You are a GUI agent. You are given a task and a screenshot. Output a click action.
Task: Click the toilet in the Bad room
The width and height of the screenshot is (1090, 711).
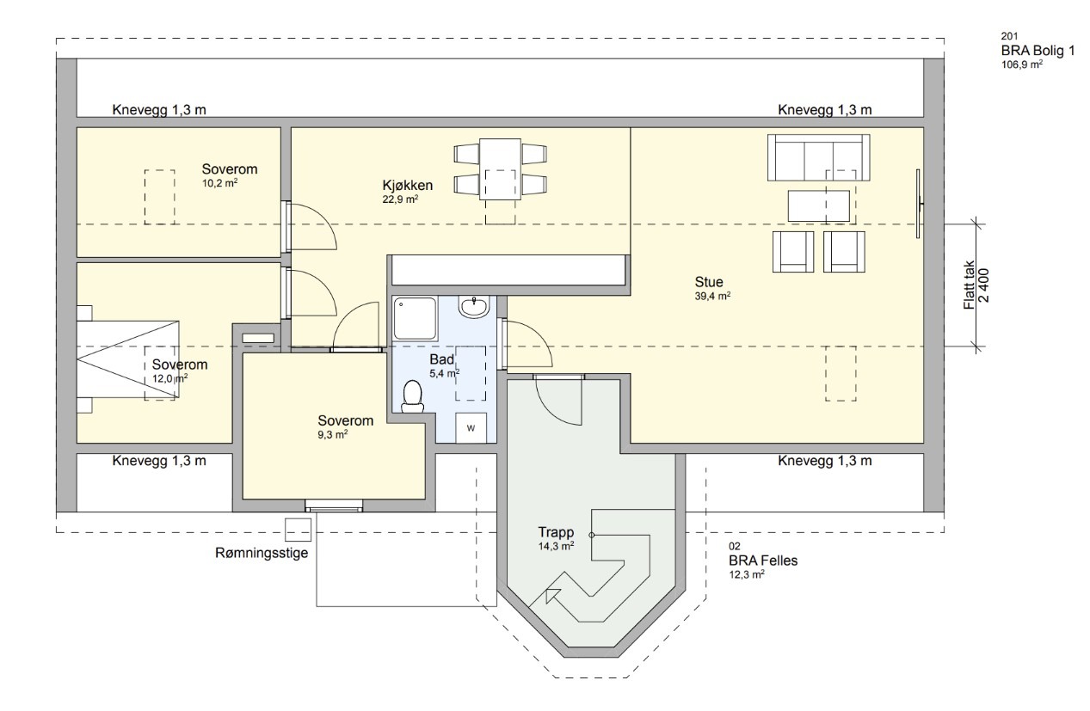pos(413,396)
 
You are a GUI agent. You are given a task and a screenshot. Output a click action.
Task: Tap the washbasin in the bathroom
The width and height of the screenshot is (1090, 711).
pos(473,307)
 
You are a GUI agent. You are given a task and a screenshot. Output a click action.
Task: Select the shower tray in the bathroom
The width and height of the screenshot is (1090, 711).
pos(415,319)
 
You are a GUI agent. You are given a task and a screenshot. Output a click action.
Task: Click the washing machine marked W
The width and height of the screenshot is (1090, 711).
pos(471,428)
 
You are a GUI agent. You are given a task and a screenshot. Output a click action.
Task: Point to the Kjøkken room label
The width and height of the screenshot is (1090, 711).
pos(407,186)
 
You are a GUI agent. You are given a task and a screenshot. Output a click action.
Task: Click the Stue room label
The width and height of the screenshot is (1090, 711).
pos(709,282)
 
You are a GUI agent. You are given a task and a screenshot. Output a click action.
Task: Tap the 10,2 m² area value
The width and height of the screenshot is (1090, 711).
pos(220,183)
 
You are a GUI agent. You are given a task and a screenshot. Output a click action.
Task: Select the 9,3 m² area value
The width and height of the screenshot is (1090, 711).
pos(333,435)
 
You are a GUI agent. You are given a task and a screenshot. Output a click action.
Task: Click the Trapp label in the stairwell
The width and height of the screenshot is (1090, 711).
pos(556,532)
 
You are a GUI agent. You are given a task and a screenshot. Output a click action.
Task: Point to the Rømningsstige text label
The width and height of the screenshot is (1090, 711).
pos(262,554)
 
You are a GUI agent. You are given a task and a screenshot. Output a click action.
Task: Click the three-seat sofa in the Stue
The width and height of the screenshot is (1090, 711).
pos(818,157)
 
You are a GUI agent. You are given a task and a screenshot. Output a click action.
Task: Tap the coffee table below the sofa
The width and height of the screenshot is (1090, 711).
pos(818,205)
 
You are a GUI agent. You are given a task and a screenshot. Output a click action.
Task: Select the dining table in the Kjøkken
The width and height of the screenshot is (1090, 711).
pos(500,169)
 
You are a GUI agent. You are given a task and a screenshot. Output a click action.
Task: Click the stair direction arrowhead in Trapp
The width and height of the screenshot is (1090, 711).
pos(551,595)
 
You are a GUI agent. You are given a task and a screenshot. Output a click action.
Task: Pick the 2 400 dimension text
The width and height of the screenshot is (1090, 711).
pos(983,285)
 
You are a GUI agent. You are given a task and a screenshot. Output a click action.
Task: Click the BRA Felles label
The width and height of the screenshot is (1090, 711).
pos(763,561)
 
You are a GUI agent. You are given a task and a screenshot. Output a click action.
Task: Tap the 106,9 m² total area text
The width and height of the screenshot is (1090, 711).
pos(1022,64)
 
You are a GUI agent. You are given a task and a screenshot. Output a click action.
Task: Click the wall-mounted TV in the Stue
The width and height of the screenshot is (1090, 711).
pos(919,204)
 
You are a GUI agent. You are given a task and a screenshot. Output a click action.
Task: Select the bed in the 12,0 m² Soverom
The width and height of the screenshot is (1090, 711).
pos(128,359)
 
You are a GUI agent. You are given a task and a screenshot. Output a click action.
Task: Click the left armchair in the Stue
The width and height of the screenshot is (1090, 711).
pos(793,251)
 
